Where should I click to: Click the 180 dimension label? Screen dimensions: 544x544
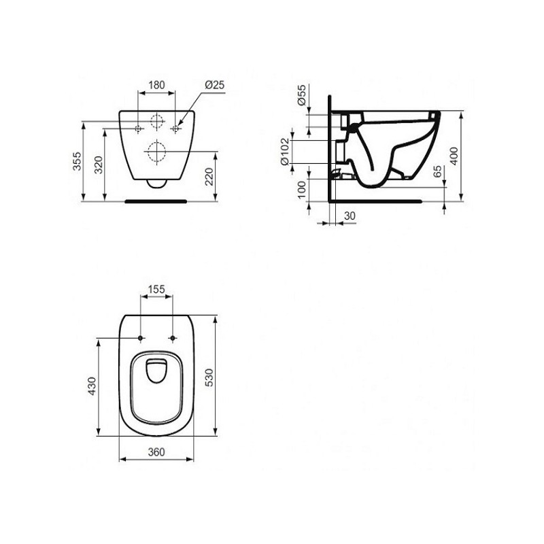(157, 85)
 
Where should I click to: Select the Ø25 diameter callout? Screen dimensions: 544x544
(215, 84)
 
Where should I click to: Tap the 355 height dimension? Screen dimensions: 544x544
(77, 161)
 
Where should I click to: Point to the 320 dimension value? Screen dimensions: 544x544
(99, 165)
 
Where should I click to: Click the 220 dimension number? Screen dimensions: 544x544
(209, 177)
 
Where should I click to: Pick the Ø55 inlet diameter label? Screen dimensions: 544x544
(302, 95)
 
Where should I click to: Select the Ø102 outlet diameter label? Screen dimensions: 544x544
(284, 152)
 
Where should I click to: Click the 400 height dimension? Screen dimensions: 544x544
(454, 156)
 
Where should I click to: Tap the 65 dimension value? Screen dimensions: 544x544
(438, 171)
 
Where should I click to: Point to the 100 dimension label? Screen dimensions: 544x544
(302, 190)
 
